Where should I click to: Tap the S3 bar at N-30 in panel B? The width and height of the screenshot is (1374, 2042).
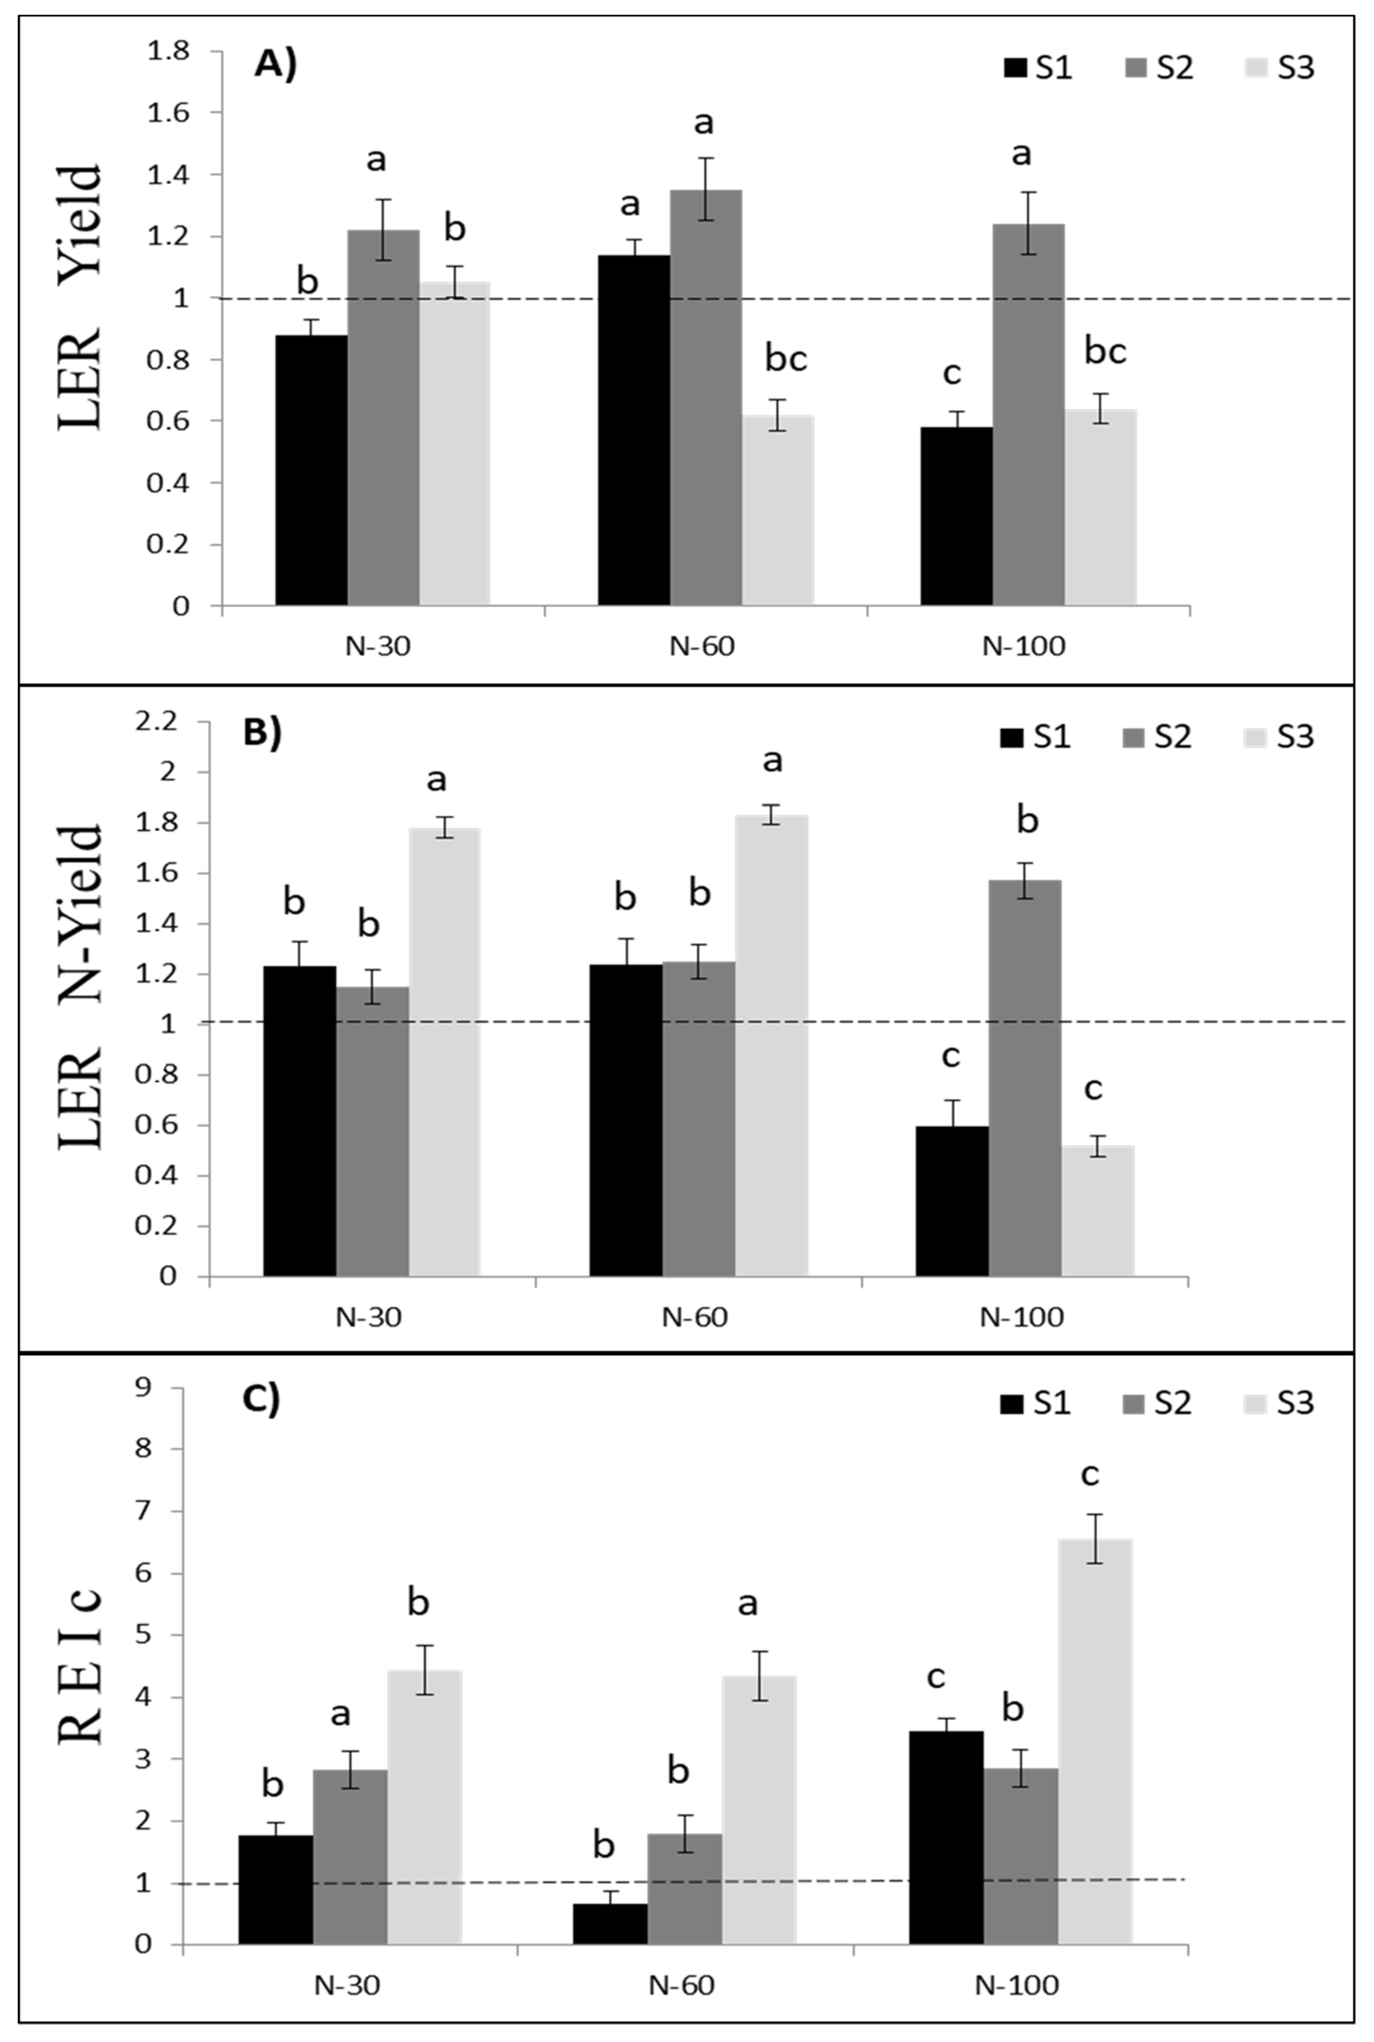point(444,1052)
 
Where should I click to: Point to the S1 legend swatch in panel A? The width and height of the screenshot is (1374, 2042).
point(1015,68)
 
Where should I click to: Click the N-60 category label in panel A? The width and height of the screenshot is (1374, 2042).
point(702,647)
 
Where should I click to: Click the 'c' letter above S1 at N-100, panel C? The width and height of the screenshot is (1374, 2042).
point(936,1677)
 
